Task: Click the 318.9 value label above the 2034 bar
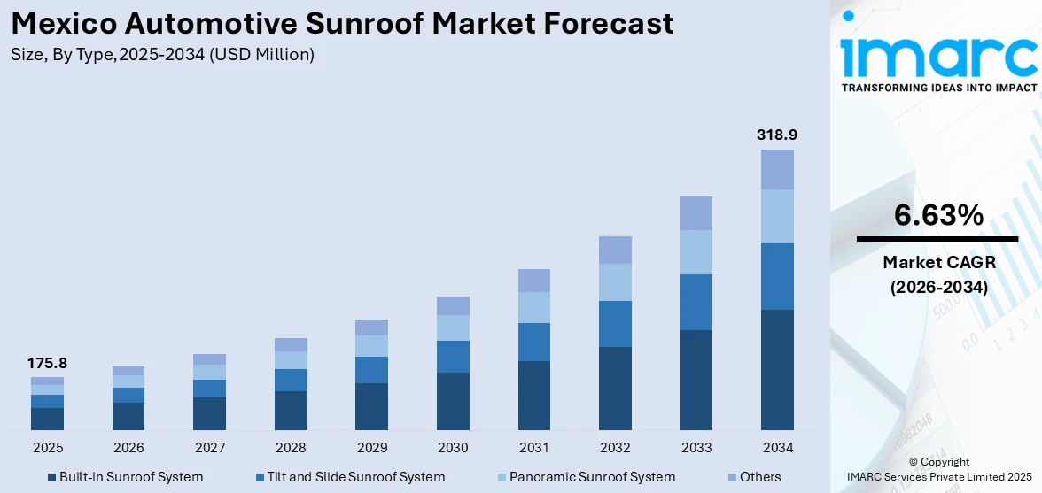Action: coord(777,135)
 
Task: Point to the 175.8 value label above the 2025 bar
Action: coord(47,363)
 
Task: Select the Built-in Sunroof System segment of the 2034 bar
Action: coord(777,370)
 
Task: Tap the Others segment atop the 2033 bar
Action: coord(696,213)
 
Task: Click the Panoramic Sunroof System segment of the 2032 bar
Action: coord(615,282)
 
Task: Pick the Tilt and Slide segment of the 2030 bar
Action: coord(453,357)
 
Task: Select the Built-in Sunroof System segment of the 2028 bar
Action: coord(291,411)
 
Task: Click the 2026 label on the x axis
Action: coord(128,447)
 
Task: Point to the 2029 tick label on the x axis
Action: coord(371,447)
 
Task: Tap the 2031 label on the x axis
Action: coord(533,447)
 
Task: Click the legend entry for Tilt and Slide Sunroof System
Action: coord(348,477)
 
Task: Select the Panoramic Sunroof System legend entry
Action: coord(591,477)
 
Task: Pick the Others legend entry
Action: coord(759,477)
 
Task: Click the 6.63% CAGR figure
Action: coord(937,215)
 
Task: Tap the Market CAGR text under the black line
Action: coord(937,262)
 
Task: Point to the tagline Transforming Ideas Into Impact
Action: coord(937,88)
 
